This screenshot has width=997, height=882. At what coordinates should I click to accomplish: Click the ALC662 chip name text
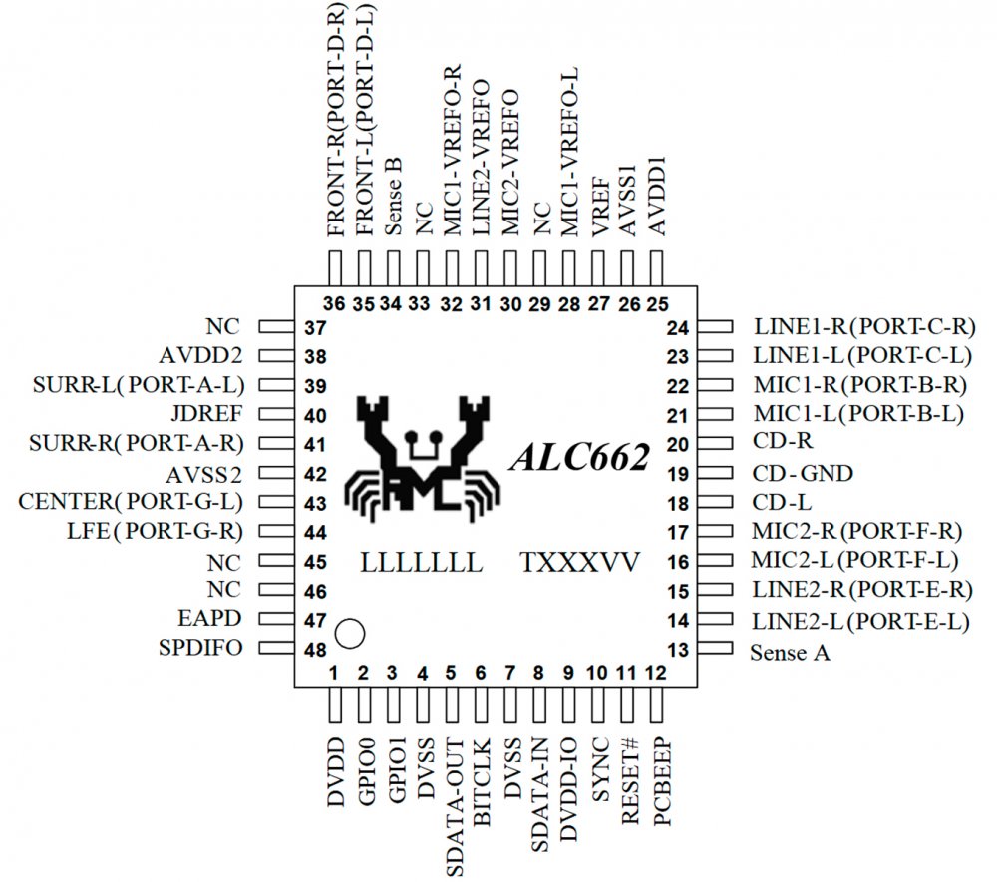pos(580,457)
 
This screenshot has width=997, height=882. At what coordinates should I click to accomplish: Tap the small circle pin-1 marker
pos(349,632)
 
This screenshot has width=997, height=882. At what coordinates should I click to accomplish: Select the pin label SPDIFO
pos(199,648)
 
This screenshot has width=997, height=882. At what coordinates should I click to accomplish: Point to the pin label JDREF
pos(213,414)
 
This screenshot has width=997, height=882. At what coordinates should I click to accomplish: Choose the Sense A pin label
pos(790,654)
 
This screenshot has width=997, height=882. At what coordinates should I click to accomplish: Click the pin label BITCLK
pos(482,789)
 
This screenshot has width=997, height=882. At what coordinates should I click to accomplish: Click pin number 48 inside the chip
pos(315,649)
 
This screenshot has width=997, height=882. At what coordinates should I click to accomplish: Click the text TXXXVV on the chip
pos(579,561)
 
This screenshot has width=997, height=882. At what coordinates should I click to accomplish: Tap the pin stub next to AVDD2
pos(272,355)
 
